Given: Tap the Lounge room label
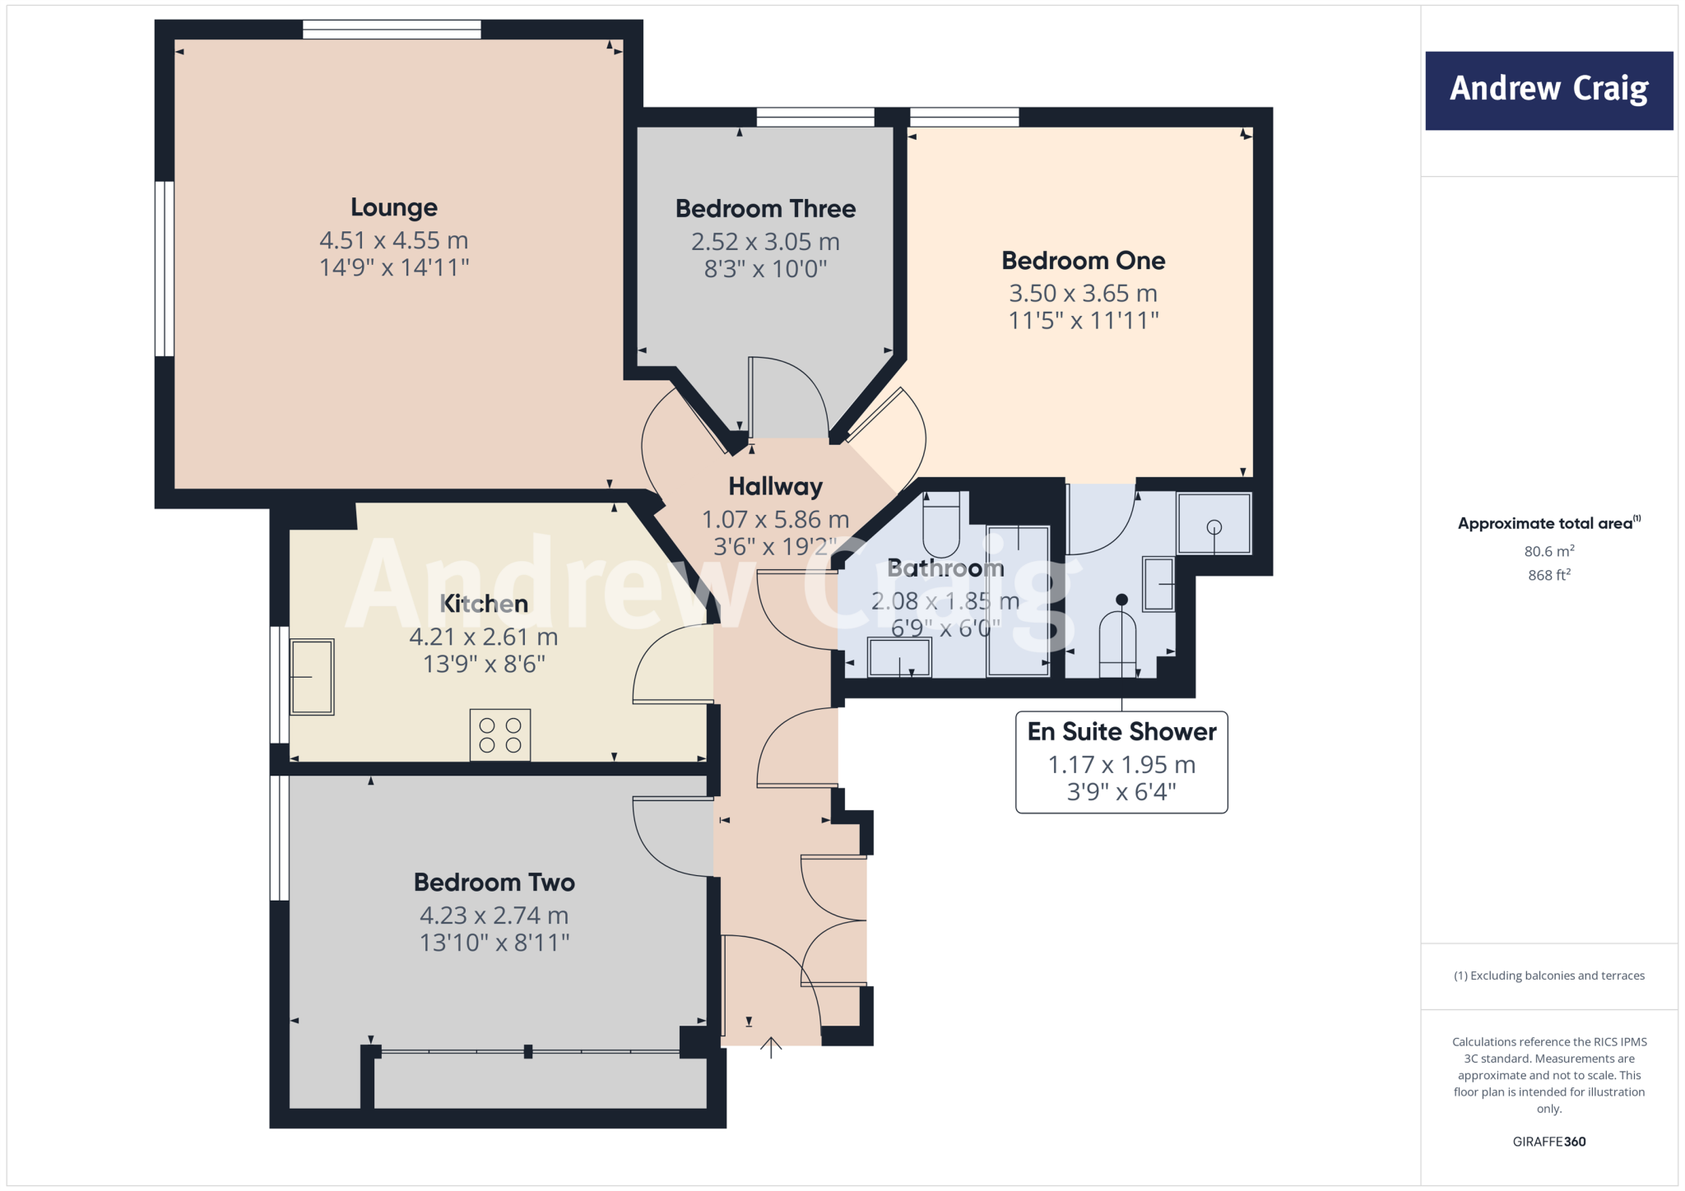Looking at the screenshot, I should coord(393,207).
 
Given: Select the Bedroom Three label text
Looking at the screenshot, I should coord(765,209).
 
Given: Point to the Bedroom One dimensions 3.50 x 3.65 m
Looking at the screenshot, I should coord(1083,294).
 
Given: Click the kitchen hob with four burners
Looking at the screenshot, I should coord(500,735).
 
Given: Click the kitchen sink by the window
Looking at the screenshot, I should coord(312,676).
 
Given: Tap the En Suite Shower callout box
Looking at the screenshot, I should coord(1121,762).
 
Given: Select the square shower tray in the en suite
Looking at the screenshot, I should coord(1214,524).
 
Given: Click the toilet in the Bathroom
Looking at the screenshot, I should coord(941,526).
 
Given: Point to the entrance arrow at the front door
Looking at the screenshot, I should coord(770,1047).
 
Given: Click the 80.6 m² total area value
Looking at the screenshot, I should coord(1548,551).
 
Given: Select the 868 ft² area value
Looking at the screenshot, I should coord(1548,575).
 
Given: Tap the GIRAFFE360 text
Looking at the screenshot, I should coord(1548,1142).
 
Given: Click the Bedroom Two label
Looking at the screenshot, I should coord(494,883).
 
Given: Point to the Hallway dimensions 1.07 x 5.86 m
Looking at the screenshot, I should coord(775,520).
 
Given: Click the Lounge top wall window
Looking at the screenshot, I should coord(392,30).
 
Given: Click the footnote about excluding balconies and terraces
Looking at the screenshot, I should coord(1548,976).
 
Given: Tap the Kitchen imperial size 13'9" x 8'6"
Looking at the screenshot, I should coord(484,664).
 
